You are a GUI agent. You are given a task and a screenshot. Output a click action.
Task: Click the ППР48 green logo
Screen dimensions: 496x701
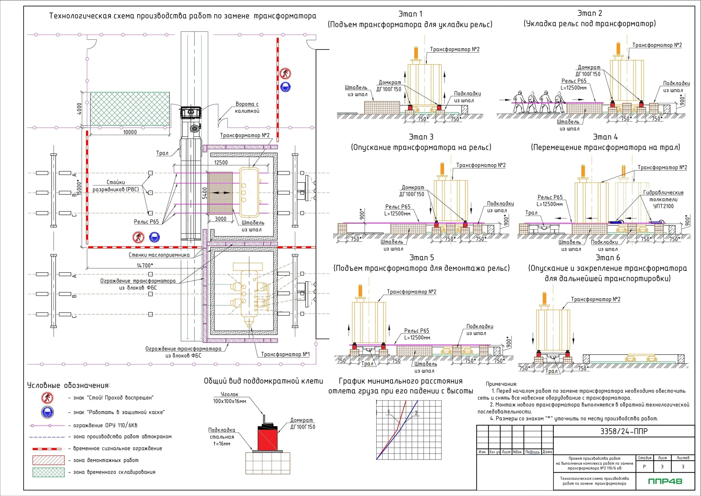[665, 481]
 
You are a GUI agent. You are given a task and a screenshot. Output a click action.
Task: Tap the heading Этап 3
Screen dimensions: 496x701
[421, 137]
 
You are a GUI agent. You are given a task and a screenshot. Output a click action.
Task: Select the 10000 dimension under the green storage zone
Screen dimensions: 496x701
[130, 132]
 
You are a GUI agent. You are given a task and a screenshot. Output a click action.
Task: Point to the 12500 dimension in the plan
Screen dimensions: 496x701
[221, 162]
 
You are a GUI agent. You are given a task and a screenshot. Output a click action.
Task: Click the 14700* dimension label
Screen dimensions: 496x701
[145, 265]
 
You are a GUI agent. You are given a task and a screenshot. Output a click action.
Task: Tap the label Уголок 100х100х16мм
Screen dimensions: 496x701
[229, 398]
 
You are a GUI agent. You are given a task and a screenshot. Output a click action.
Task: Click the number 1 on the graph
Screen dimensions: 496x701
[389, 412]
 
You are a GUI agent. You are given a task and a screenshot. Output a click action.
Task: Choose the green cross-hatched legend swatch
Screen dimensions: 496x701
[48, 472]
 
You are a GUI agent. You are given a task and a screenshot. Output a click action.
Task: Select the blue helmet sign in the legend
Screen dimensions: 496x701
[47, 412]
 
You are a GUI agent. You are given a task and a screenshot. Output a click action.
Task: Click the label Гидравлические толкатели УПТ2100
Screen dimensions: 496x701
[663, 199]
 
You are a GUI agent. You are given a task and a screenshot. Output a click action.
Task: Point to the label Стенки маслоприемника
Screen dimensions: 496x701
[159, 255]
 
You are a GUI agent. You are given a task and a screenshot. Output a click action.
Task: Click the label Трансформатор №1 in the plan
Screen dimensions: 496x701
[285, 354]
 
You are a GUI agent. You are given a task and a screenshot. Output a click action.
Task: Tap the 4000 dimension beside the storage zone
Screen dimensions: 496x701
[79, 109]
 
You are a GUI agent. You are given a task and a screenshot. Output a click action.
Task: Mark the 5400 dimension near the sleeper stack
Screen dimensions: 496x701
[205, 193]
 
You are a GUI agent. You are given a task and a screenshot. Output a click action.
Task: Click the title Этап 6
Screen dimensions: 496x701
[608, 258]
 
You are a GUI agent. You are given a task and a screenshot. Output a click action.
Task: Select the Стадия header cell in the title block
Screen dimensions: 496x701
[645, 458]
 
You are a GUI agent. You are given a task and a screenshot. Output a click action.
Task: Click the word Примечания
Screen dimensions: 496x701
[501, 384]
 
